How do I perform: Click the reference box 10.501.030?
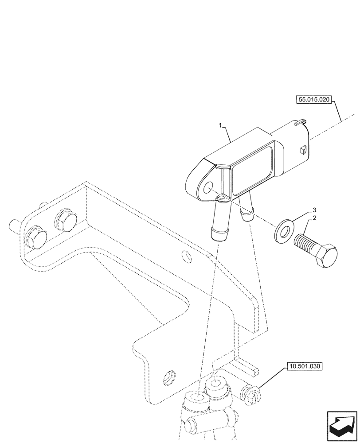(x=305, y=366)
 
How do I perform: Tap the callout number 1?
(x=220, y=126)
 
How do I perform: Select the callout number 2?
(x=314, y=218)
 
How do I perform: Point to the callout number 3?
(x=314, y=209)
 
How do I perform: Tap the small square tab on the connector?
(x=302, y=150)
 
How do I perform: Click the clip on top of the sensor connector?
(x=300, y=121)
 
